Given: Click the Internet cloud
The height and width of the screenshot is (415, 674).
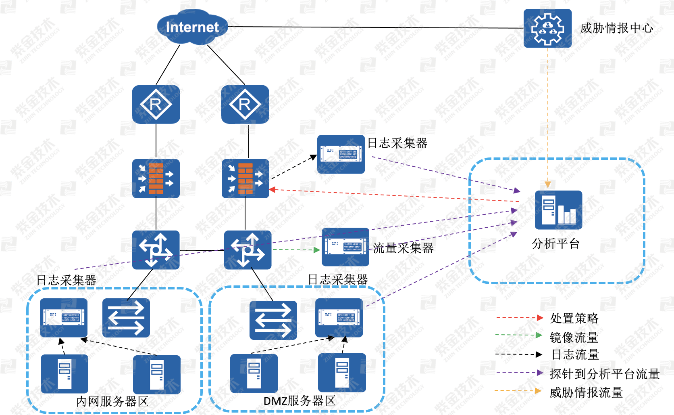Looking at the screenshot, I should (192, 27).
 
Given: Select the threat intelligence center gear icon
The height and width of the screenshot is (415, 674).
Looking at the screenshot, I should (547, 28).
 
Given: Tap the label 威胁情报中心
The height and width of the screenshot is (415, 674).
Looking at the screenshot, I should (616, 28).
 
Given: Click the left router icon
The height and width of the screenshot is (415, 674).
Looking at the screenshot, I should (156, 104).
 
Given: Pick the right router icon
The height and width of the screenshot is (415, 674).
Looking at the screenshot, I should (245, 104).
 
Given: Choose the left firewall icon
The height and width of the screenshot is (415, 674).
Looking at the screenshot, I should (156, 178).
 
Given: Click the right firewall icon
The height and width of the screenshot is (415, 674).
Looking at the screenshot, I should (245, 178).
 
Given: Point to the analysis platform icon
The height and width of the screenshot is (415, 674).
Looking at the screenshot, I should (558, 210).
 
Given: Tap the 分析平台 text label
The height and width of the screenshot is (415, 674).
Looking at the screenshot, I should (555, 243).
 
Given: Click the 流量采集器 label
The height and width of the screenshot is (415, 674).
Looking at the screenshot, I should (403, 248).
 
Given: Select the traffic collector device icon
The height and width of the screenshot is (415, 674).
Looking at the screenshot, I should (345, 247).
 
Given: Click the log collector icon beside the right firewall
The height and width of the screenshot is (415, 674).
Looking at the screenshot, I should (341, 154).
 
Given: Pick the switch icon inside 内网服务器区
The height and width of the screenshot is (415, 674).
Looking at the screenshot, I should (126, 318).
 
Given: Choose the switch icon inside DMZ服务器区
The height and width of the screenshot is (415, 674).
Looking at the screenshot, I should (273, 320).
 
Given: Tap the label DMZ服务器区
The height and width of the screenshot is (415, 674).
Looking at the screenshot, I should (299, 401).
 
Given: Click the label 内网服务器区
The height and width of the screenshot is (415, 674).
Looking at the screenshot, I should (112, 401).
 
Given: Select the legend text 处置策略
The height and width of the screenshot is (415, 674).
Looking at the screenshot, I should (574, 318).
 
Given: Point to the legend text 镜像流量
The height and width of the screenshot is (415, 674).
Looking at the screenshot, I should (574, 337).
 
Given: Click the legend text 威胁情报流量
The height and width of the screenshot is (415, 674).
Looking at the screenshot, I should (586, 392).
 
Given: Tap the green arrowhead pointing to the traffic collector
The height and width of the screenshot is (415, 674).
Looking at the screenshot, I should (317, 250).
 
